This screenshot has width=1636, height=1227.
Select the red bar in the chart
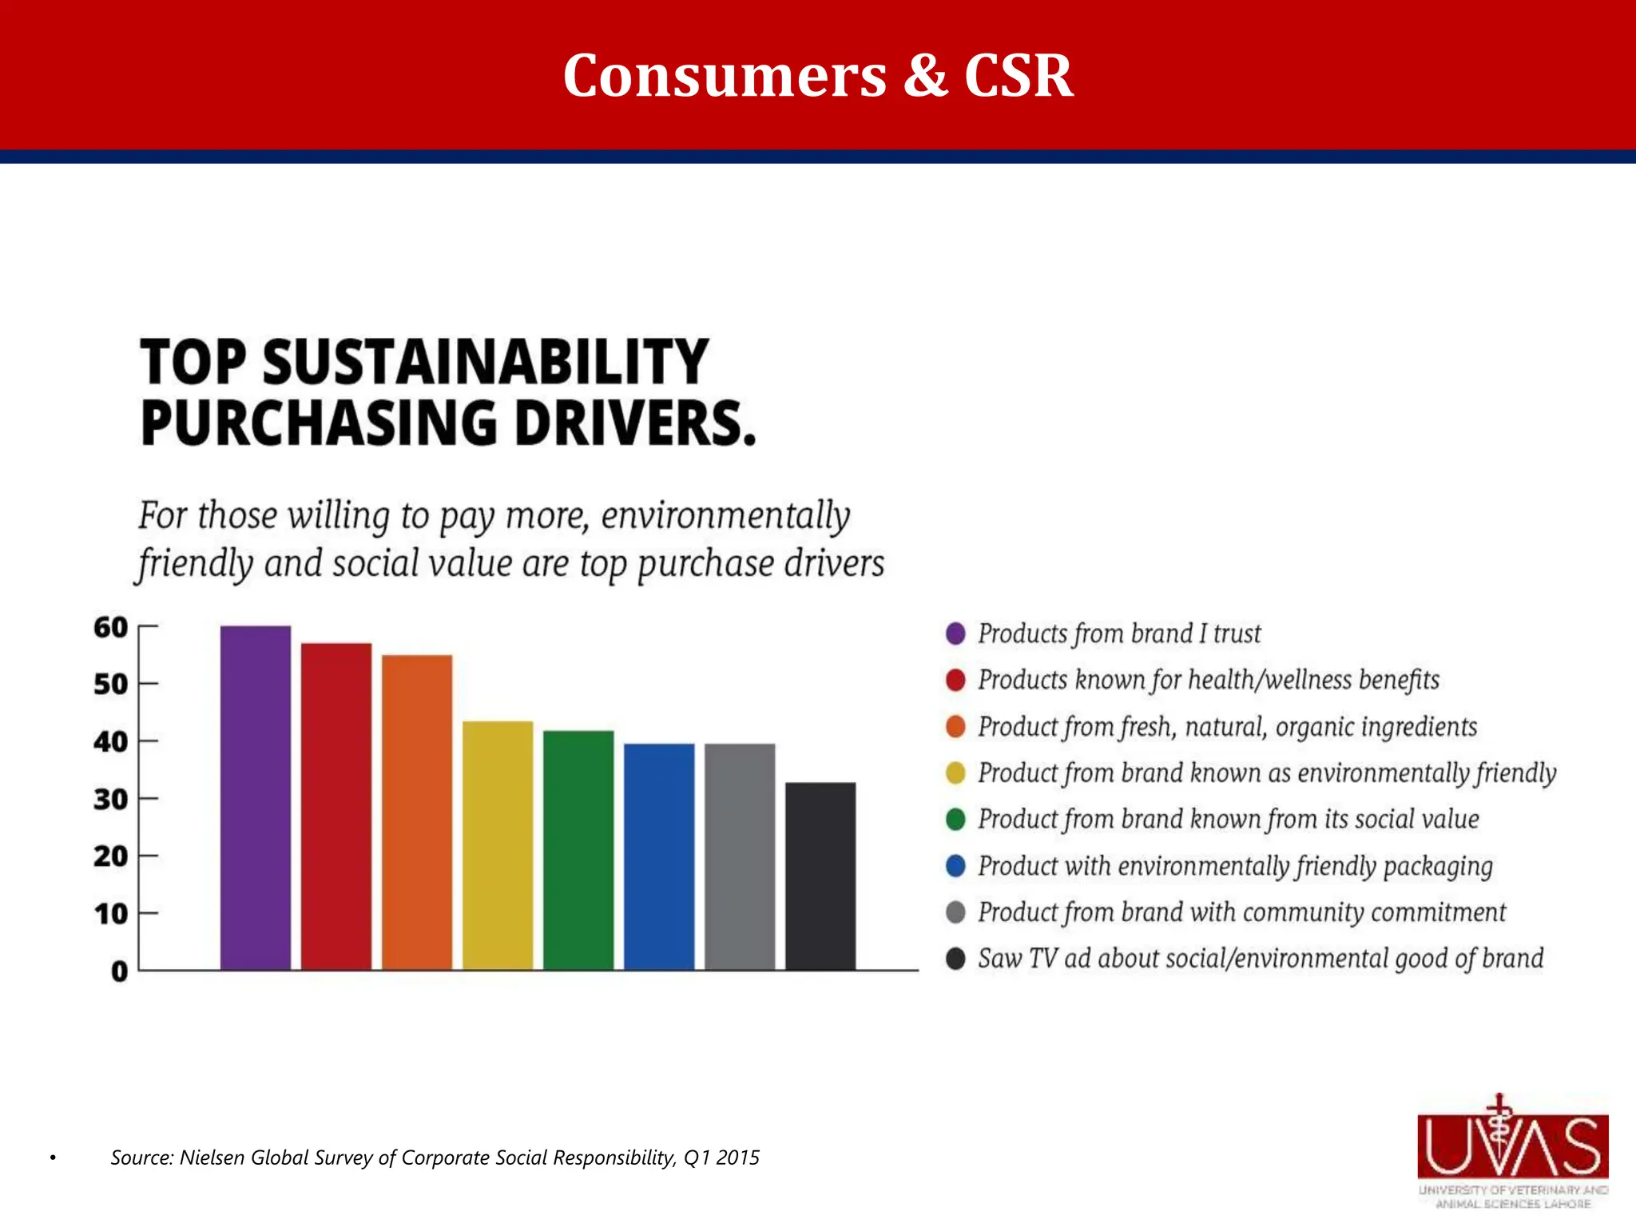click(336, 806)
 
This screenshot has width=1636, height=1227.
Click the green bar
click(578, 850)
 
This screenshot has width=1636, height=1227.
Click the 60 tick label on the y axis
click(110, 628)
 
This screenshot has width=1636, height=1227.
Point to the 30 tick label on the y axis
click(110, 799)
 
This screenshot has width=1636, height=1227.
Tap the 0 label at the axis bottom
click(119, 971)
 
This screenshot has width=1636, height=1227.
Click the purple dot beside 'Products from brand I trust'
click(955, 633)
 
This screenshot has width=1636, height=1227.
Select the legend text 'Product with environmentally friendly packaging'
click(1235, 866)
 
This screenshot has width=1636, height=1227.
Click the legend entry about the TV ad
click(1260, 959)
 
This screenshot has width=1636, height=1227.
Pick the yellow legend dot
click(955, 773)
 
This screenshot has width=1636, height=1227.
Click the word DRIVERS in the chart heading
click(634, 423)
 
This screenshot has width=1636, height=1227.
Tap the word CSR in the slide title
click(1018, 76)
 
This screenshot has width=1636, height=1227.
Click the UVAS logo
click(1513, 1150)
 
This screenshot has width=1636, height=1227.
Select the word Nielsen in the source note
click(213, 1158)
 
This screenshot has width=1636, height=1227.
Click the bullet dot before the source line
click(53, 1158)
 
